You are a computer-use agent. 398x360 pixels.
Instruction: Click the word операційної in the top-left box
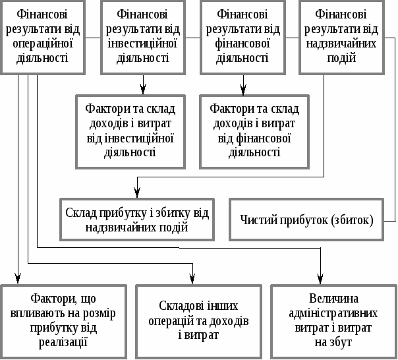[x=43, y=44]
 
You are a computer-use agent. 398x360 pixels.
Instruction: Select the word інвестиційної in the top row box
[x=142, y=44]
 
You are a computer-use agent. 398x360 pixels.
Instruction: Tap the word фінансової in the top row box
[x=242, y=44]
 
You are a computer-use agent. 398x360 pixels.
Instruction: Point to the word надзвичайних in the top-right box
[x=341, y=44]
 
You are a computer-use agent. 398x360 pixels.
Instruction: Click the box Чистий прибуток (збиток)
[x=306, y=220]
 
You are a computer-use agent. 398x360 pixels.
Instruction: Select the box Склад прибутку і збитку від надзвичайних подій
[x=137, y=220]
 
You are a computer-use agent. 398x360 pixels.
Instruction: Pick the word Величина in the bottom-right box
[x=333, y=299]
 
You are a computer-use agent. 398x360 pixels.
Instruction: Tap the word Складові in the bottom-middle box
[x=179, y=306]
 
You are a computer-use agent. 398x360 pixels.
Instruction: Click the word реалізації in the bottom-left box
[x=63, y=342]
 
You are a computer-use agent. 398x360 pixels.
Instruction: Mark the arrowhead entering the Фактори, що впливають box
[x=18, y=279]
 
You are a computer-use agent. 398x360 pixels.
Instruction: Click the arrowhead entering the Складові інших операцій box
[x=192, y=279]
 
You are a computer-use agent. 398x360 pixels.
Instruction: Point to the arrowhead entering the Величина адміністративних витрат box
[x=320, y=279]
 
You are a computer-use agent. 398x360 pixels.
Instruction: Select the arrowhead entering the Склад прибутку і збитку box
[x=137, y=193]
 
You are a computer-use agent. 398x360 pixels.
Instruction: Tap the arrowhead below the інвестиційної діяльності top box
[x=143, y=90]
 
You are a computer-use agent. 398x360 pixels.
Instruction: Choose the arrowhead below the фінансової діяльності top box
[x=243, y=90]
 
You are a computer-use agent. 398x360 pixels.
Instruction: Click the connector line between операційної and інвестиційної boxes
[x=93, y=38]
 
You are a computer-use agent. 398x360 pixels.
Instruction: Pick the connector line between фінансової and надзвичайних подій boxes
[x=292, y=38]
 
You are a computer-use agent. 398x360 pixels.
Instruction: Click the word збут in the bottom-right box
[x=341, y=342]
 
